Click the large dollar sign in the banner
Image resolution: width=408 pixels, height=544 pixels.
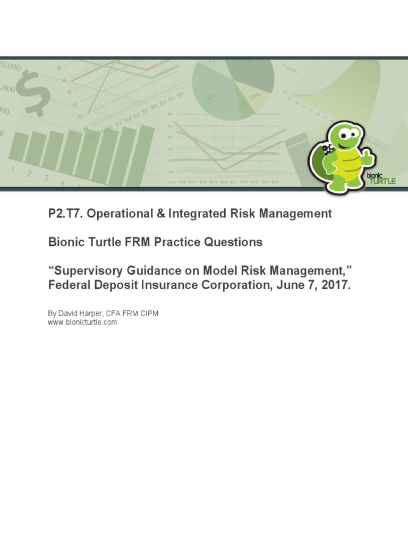click(32, 96)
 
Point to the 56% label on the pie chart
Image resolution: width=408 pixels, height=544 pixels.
click(211, 98)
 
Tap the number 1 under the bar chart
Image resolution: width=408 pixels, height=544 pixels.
click(12, 168)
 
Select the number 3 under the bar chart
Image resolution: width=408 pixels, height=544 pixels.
click(46, 178)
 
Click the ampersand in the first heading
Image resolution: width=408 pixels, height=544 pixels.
click(159, 214)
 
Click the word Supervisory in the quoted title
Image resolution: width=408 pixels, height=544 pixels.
click(84, 271)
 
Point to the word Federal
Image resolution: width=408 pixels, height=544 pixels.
click(67, 285)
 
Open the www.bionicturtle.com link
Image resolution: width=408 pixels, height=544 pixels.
click(82, 322)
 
